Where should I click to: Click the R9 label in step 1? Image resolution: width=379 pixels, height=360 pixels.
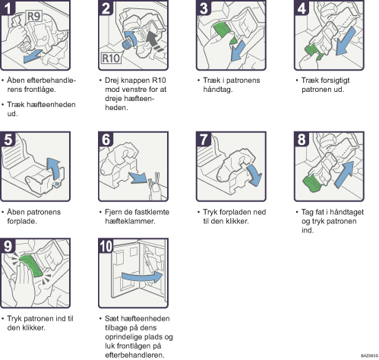click(x=33, y=17)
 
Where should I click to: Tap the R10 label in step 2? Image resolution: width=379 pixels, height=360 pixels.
click(x=111, y=58)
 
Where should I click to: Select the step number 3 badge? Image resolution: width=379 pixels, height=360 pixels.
click(x=204, y=8)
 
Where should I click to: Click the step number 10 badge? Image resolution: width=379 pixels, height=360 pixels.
click(x=106, y=246)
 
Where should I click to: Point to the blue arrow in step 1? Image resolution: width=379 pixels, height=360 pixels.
click(x=32, y=56)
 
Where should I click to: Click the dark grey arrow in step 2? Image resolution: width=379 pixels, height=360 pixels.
click(x=154, y=40)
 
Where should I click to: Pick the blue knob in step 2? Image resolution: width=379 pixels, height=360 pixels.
click(x=127, y=45)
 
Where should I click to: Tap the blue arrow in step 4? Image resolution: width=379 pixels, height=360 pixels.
click(x=346, y=41)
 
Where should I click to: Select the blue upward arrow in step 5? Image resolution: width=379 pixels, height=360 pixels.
click(x=55, y=169)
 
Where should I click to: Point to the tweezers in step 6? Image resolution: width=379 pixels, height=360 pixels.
click(x=155, y=183)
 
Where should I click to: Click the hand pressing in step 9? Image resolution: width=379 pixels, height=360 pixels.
click(x=21, y=283)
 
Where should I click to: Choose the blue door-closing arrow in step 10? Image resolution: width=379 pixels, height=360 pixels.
click(x=142, y=277)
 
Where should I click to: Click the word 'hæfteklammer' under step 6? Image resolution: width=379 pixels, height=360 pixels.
click(x=130, y=221)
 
